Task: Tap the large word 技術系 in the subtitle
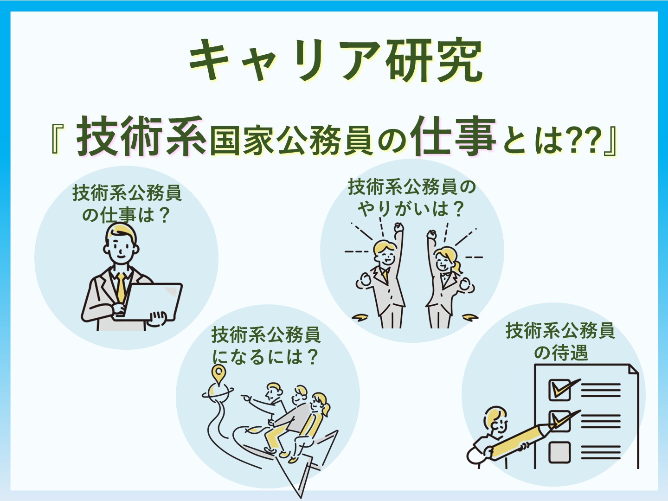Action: click(141, 136)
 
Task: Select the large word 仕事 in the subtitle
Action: click(453, 136)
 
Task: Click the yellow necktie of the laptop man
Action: click(121, 287)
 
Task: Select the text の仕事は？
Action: click(126, 215)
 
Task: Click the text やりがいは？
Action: click(411, 210)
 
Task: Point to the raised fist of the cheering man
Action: click(398, 227)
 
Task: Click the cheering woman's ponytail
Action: click(457, 268)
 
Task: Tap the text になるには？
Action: click(265, 357)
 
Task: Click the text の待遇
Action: click(561, 353)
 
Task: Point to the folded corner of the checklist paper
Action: click(634, 370)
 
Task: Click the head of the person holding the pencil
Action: click(495, 422)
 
